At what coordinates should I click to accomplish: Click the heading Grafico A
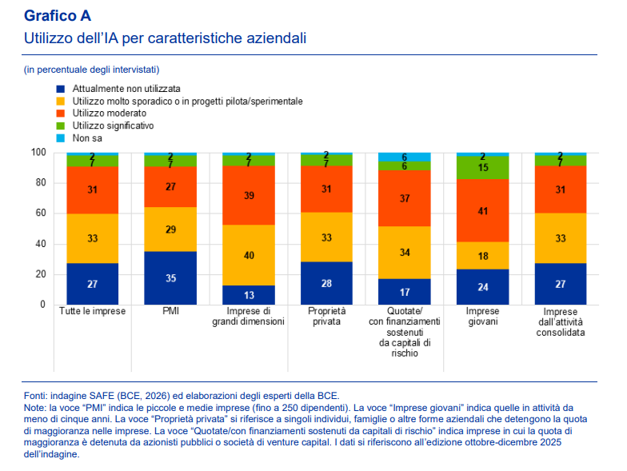58,15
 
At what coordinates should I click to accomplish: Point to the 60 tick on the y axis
38,214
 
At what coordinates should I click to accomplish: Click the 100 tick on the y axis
36,153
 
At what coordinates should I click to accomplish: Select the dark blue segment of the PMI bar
170,278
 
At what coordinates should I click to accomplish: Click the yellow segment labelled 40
248,255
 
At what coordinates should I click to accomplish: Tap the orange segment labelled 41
481,210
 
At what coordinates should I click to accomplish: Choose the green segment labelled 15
481,168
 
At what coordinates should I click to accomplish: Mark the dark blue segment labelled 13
248,295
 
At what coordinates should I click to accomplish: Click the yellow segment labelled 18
481,255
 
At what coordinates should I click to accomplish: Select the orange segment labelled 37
404,198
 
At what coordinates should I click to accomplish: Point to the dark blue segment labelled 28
326,283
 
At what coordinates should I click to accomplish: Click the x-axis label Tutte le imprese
92,311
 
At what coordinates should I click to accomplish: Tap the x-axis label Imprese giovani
481,317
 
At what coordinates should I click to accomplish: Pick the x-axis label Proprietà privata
326,317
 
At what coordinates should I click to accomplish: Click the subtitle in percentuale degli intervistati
91,70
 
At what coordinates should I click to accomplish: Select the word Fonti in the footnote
37,394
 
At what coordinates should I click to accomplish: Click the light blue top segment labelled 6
404,157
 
